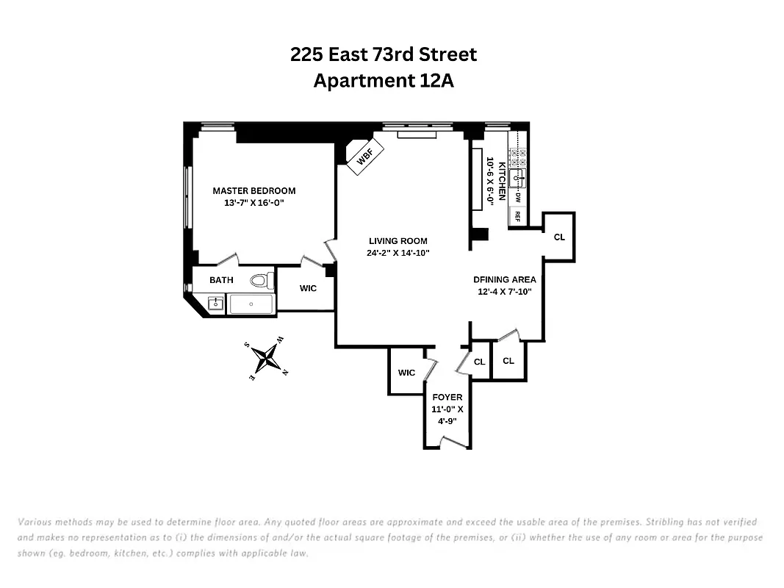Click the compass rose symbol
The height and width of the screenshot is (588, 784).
point(265,359)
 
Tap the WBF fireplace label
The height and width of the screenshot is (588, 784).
point(365,158)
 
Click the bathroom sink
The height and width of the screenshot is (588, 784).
point(216,303)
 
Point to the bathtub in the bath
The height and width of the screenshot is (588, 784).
point(251,304)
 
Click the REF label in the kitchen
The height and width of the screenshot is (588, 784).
point(517,217)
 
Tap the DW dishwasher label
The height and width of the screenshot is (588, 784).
point(517,198)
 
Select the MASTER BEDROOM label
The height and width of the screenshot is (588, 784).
point(254,190)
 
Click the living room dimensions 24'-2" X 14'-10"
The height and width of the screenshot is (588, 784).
point(398,253)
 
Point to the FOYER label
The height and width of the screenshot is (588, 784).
point(447,398)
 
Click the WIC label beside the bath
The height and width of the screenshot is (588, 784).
point(309,288)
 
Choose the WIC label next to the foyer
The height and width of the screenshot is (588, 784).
point(406,373)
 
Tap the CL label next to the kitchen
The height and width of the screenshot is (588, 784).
point(559,237)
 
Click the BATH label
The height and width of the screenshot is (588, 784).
point(221,280)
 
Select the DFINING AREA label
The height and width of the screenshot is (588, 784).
point(504,279)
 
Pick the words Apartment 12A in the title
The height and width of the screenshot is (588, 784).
point(384,81)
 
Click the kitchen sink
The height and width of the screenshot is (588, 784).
point(518,177)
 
